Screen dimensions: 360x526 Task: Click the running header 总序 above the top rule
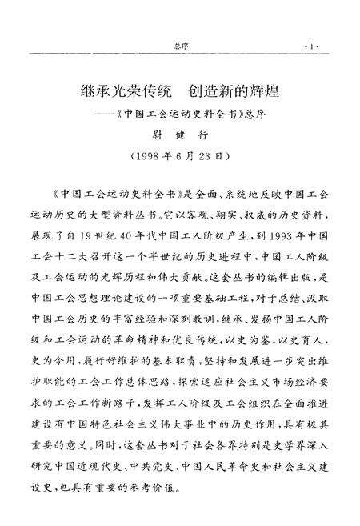click(180, 46)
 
